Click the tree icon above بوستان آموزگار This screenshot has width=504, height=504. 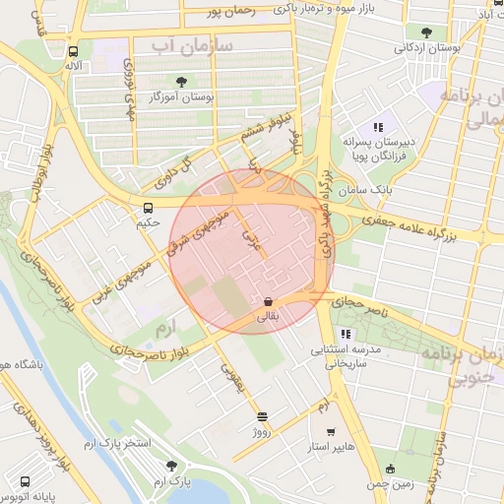[180, 82]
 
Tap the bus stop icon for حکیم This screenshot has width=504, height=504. [148, 208]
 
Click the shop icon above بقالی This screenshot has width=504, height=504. [268, 301]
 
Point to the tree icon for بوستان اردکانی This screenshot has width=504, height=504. [425, 32]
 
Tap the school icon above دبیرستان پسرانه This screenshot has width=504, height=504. [377, 126]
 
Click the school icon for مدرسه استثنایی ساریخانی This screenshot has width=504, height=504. [345, 335]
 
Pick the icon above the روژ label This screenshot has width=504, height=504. [261, 416]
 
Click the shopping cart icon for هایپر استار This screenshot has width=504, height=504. [330, 431]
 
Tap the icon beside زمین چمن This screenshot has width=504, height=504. [391, 469]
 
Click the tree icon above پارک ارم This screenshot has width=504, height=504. [171, 466]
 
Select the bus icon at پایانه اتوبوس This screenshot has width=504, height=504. [25, 482]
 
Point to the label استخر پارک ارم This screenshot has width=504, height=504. [117, 444]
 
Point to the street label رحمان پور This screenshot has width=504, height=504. [229, 12]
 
